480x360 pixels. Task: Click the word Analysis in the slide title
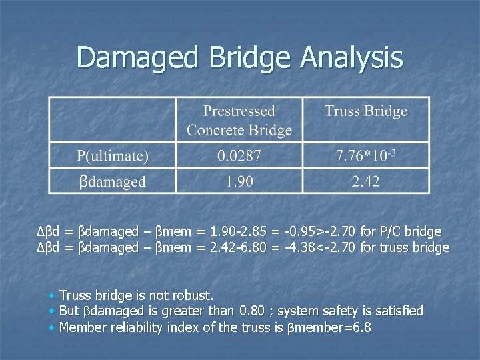point(351,57)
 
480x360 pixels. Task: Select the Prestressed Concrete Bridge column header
point(239,120)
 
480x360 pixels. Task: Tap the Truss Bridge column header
point(365,111)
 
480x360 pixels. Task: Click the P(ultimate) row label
point(112,156)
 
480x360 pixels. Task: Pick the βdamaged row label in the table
point(112,181)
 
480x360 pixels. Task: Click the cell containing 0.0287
point(239,156)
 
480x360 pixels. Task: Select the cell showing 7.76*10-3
point(365,156)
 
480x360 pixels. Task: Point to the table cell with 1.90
point(239,181)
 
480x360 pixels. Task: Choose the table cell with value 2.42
point(365,181)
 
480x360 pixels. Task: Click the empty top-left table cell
point(112,120)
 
